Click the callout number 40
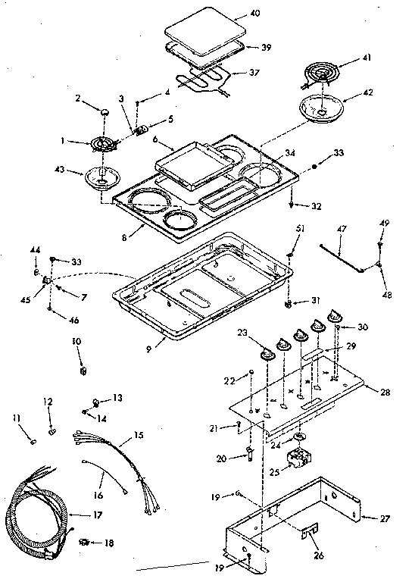tap(254, 14)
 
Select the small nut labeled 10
tap(83, 371)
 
